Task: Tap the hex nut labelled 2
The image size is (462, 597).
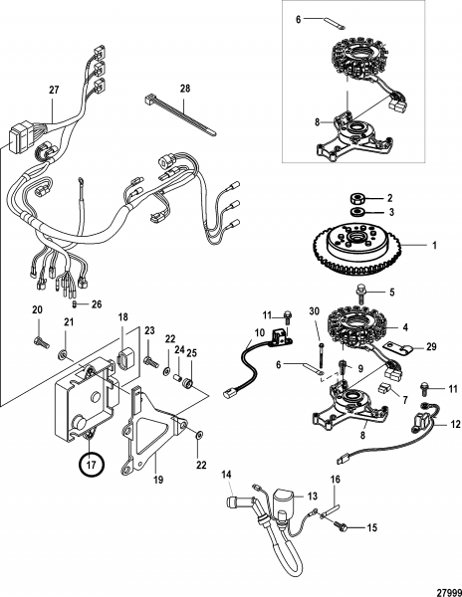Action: [357, 198]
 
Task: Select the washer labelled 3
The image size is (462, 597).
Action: [357, 212]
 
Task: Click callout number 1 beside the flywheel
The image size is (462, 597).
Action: [434, 245]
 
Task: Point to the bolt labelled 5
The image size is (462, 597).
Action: [360, 294]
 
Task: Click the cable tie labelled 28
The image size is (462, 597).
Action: [181, 114]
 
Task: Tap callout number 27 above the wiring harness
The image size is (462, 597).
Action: [54, 90]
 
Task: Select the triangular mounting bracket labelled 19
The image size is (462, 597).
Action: [152, 433]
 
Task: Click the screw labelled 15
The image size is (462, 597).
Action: [340, 526]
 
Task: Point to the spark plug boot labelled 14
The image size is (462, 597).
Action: [233, 501]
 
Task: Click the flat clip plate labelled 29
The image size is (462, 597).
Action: [398, 347]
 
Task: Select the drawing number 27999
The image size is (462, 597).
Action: [449, 592]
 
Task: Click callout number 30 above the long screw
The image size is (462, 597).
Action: [315, 311]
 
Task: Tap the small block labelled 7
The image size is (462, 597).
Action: [385, 389]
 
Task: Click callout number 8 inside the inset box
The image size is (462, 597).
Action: [318, 122]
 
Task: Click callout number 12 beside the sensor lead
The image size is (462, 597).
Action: [456, 424]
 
